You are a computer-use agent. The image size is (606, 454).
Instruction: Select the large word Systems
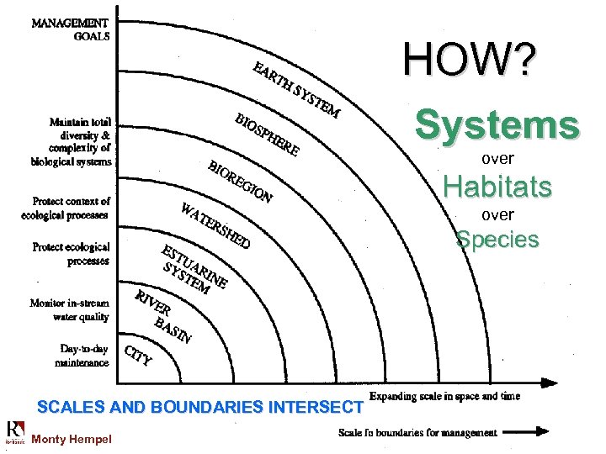pyautogui.click(x=497, y=125)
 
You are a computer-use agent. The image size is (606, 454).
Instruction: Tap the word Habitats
pyautogui.click(x=497, y=186)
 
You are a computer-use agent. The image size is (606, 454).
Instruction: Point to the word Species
pyautogui.click(x=497, y=240)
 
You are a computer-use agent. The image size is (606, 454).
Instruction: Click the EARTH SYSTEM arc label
pyautogui.click(x=296, y=89)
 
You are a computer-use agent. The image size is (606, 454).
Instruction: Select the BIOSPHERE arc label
pyautogui.click(x=267, y=135)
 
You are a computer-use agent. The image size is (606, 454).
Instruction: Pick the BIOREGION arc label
pyautogui.click(x=240, y=180)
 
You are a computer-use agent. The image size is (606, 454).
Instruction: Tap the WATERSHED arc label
pyautogui.click(x=215, y=225)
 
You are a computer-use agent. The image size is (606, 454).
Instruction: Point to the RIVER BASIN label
pyautogui.click(x=163, y=316)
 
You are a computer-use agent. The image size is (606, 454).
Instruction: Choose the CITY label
pyautogui.click(x=138, y=356)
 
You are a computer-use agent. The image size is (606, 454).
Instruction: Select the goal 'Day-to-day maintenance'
pyautogui.click(x=84, y=356)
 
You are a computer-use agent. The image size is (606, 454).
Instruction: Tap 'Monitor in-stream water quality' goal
pyautogui.click(x=70, y=309)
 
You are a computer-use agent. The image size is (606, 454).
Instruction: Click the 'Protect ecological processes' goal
pyautogui.click(x=72, y=253)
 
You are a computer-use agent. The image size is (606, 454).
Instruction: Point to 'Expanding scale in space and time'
pyautogui.click(x=444, y=396)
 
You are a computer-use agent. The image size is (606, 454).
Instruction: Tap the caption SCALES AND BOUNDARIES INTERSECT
pyautogui.click(x=199, y=408)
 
